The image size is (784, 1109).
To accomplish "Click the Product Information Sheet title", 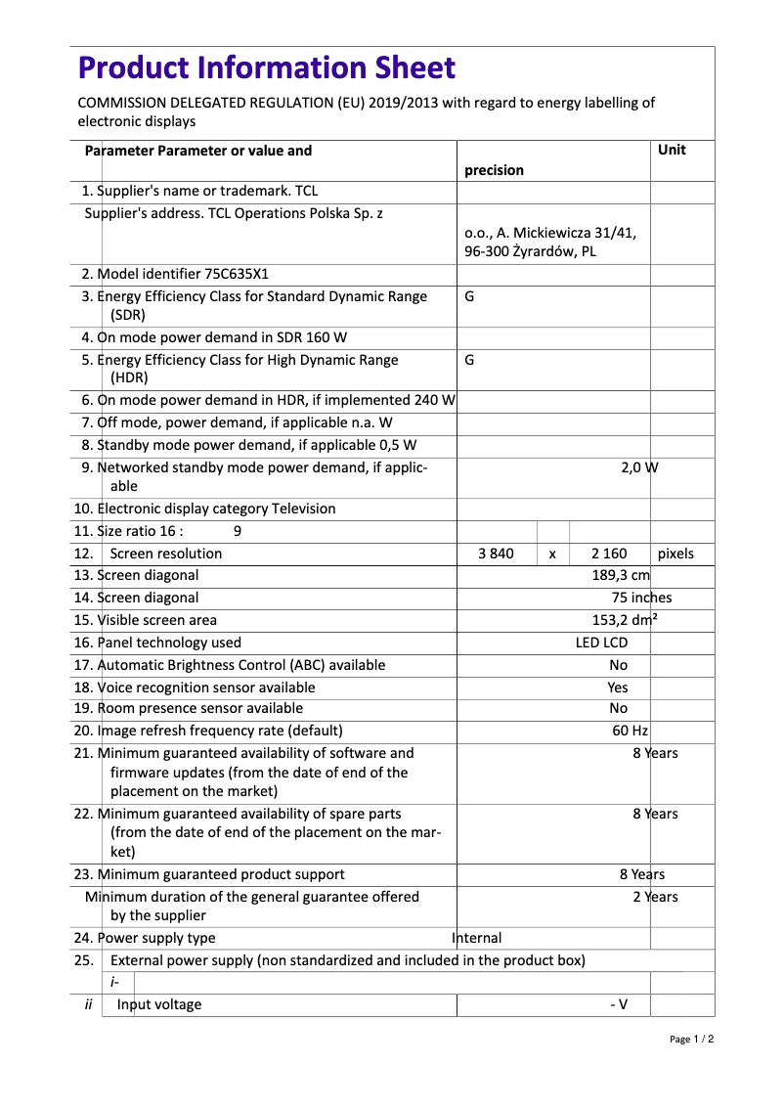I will click(x=267, y=68).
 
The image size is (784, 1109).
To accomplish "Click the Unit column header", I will click(x=672, y=150).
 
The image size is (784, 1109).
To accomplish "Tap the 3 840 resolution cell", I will click(x=496, y=554).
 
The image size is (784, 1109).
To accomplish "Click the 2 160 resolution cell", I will click(x=609, y=554).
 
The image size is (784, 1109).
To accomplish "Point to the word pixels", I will click(x=675, y=554).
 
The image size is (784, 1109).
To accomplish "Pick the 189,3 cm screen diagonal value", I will click(x=621, y=575).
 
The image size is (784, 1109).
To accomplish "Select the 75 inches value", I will click(x=641, y=598).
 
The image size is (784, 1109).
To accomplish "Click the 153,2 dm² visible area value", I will click(x=625, y=620).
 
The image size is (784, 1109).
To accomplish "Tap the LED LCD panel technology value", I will click(x=601, y=643).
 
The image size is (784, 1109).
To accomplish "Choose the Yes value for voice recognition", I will click(x=618, y=688).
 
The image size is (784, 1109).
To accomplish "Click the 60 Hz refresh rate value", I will click(x=630, y=731).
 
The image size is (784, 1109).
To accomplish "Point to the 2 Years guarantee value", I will click(x=654, y=897).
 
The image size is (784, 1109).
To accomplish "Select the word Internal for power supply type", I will click(x=477, y=938).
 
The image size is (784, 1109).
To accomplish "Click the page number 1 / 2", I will click(x=691, y=1039).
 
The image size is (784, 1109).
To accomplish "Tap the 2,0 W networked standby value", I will click(x=639, y=466).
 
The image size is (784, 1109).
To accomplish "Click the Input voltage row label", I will click(x=159, y=1004).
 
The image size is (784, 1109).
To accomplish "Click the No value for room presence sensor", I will click(x=618, y=708).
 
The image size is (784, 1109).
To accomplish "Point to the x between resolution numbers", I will click(x=552, y=554).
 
